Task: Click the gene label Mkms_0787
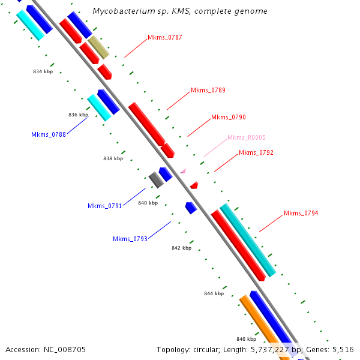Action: click(x=165, y=38)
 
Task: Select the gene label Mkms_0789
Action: click(x=208, y=91)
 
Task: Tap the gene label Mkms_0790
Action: click(x=229, y=118)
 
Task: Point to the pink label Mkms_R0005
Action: click(x=247, y=138)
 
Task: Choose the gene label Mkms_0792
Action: click(x=256, y=153)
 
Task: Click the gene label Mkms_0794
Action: click(x=301, y=214)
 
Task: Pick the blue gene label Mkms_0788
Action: click(x=49, y=134)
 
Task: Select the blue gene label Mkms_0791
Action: click(x=105, y=206)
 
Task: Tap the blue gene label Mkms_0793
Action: click(x=130, y=239)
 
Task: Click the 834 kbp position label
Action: click(x=43, y=71)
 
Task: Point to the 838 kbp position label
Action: click(x=113, y=159)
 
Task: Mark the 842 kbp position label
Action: click(x=181, y=248)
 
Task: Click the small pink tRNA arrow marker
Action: click(x=183, y=171)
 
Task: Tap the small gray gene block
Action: click(x=156, y=179)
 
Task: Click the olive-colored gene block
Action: click(x=99, y=47)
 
